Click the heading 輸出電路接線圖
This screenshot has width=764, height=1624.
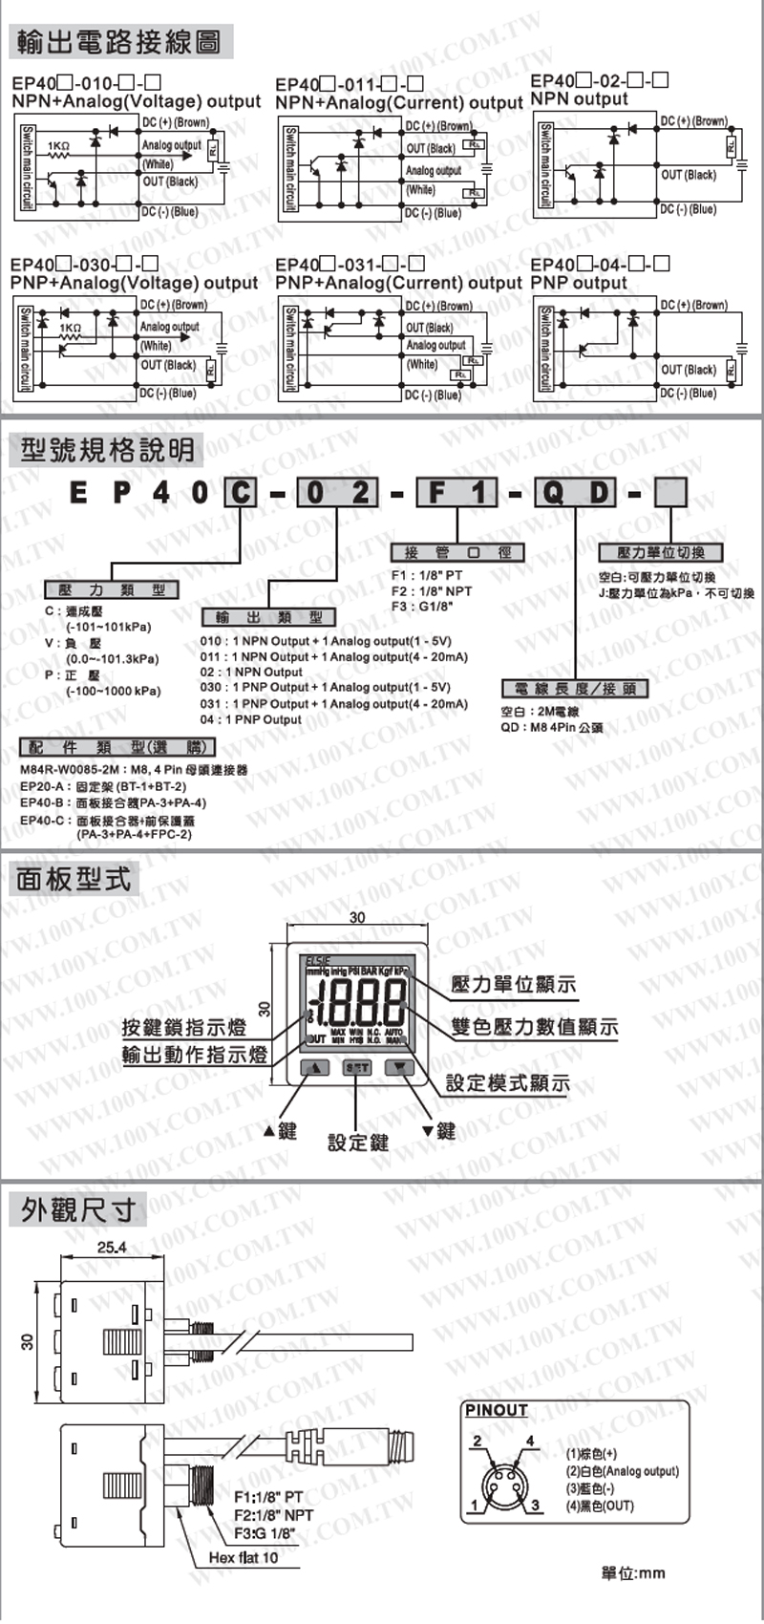coord(119,42)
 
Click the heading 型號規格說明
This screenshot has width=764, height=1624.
coord(106,449)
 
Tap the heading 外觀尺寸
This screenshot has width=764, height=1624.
coord(77,1209)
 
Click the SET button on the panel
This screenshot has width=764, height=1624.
coord(357,1067)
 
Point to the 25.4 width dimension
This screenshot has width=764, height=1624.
coord(112,1247)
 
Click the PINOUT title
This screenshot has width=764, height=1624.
coord(496,1410)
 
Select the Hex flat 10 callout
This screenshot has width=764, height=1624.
coord(243,1557)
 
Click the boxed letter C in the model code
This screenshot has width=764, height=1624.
coord(242,492)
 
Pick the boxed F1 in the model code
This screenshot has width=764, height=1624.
coord(457,492)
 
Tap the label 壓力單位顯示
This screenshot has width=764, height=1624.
coord(514,984)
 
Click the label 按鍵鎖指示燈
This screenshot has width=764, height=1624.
coord(183,1028)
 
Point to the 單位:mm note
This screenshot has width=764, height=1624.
coord(632,1573)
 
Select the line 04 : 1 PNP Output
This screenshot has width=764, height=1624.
coord(250,719)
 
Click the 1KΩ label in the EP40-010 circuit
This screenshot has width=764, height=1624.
coord(58,146)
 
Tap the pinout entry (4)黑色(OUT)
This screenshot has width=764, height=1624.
coord(600,1506)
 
